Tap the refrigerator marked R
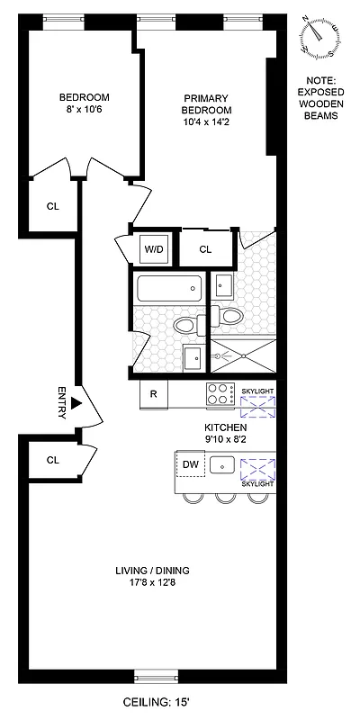pos(154,393)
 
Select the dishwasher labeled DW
pos(190,464)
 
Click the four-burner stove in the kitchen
pos(219,393)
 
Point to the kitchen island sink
pos(224,465)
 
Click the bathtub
pos(168,290)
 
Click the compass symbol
pos(319,34)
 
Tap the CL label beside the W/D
pos(204,249)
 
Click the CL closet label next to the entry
pos(52,460)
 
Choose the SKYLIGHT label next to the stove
pos(256,390)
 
